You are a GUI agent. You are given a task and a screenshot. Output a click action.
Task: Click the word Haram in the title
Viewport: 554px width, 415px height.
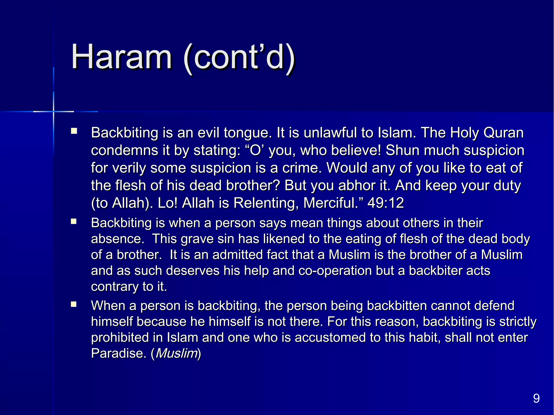point(121,57)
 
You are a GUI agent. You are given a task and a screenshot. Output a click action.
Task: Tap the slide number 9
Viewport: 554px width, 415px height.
point(536,398)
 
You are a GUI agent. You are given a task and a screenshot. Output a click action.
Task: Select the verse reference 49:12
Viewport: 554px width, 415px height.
point(385,203)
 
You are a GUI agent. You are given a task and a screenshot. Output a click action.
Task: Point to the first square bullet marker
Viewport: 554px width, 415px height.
point(74,131)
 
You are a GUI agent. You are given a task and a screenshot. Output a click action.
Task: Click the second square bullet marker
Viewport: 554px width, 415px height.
point(74,222)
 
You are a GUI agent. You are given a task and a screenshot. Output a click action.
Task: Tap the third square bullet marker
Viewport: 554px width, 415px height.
point(74,305)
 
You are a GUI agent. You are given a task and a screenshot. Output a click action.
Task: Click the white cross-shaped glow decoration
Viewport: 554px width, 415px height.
point(54,111)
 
